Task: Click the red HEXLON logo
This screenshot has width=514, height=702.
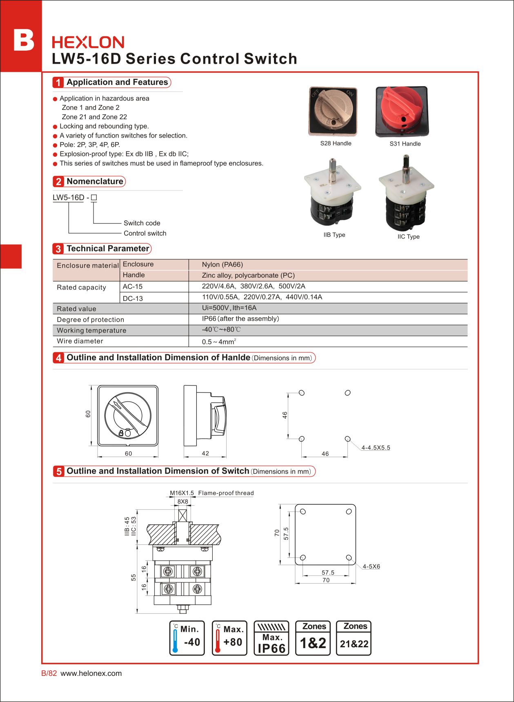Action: click(x=88, y=42)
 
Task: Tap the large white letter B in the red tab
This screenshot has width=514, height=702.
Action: click(x=24, y=40)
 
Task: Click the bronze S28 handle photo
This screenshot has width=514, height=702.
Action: click(x=333, y=111)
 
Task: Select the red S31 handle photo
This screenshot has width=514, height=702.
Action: click(x=402, y=111)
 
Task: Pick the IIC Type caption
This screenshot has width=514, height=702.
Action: click(x=408, y=236)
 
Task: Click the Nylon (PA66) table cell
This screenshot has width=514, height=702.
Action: click(x=223, y=265)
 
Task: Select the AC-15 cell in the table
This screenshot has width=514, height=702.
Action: click(x=133, y=287)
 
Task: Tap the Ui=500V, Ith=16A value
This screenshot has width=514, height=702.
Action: click(x=229, y=308)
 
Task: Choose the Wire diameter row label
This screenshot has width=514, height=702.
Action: click(x=80, y=341)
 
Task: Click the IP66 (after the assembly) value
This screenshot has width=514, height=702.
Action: click(x=240, y=319)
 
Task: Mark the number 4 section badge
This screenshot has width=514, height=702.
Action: click(x=58, y=358)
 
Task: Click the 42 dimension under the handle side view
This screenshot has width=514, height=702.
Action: click(x=205, y=453)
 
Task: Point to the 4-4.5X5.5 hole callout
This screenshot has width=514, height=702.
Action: click(x=376, y=448)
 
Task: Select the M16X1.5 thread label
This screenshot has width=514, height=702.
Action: click(x=182, y=493)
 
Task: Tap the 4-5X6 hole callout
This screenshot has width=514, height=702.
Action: click(x=371, y=566)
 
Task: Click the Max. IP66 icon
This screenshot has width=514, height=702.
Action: click(x=271, y=638)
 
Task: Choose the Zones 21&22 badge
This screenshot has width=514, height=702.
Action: click(x=354, y=638)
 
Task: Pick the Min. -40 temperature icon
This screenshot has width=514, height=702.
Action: click(x=187, y=638)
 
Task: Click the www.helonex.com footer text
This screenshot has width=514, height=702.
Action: click(x=91, y=673)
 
